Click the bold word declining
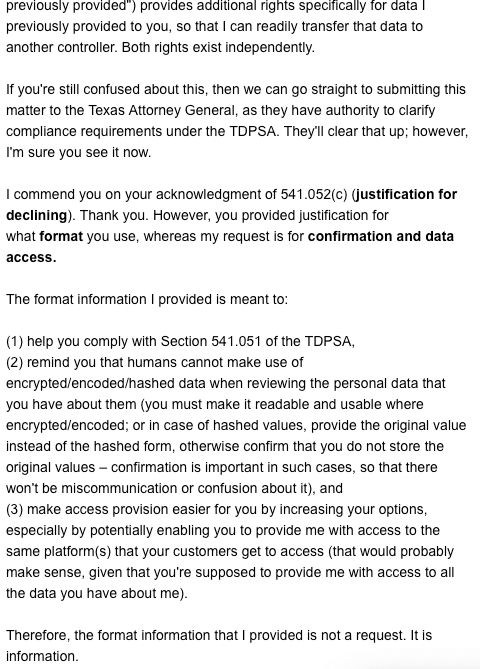tap(35, 215)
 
